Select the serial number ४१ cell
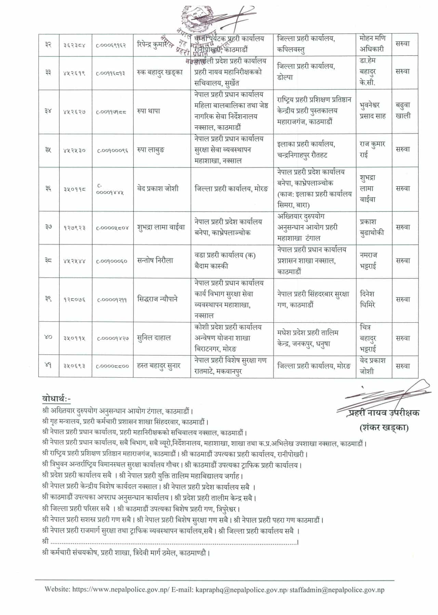(48, 366)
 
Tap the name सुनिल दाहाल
(154, 338)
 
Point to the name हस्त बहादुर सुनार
(159, 366)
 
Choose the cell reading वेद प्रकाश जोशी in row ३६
(158, 189)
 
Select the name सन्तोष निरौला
(155, 261)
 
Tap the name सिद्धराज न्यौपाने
(157, 299)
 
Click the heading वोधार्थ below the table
(56, 398)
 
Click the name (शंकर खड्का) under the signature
(384, 427)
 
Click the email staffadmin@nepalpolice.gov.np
(337, 589)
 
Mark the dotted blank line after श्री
(174, 542)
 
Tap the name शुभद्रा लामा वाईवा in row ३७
(161, 227)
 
